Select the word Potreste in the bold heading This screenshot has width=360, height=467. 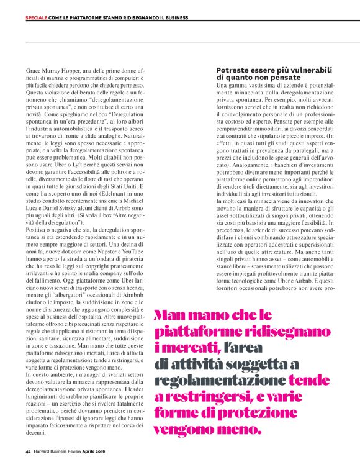click(233, 72)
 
